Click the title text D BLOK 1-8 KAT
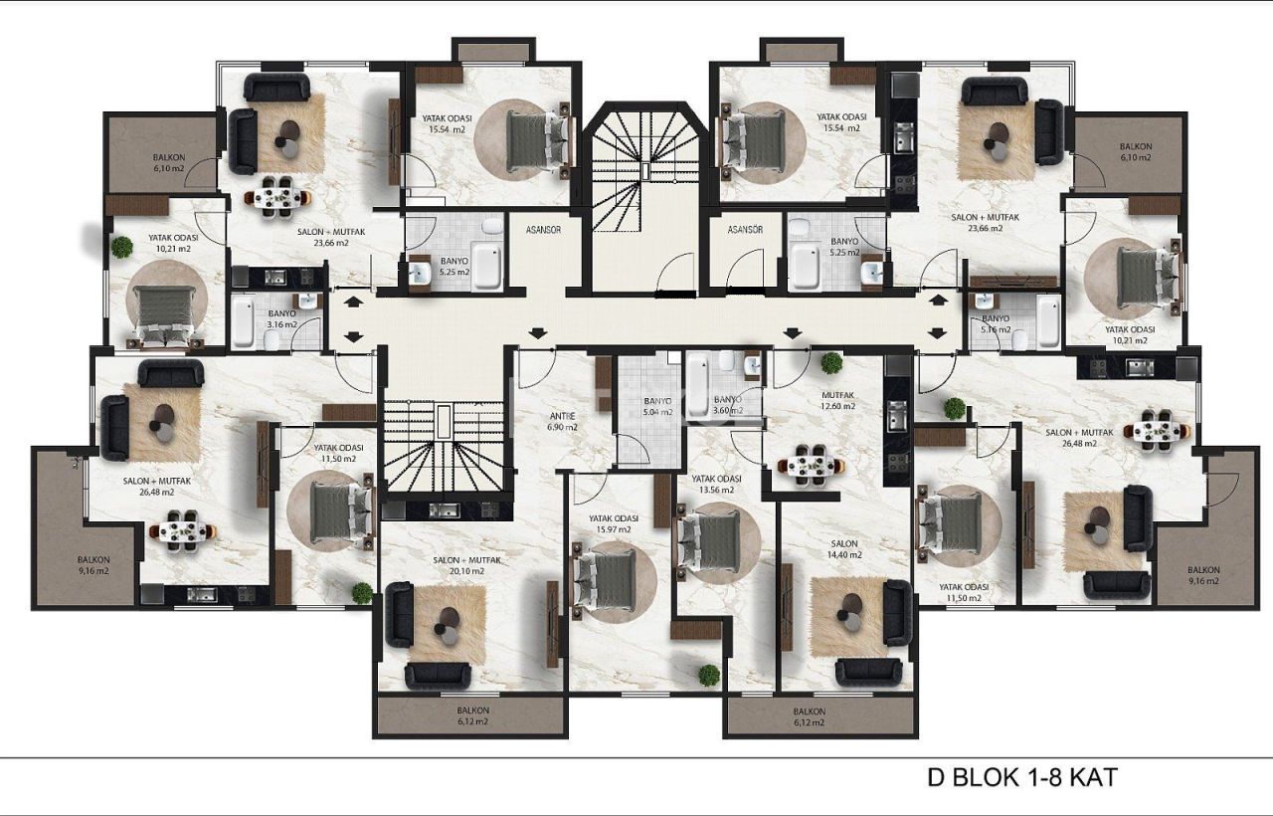[1021, 777]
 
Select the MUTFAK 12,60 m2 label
[836, 400]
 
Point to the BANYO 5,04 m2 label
[658, 407]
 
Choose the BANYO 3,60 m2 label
[728, 407]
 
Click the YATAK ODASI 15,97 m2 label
[613, 524]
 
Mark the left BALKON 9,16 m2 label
[93, 565]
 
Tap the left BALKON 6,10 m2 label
[169, 163]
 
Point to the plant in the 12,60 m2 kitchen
[832, 363]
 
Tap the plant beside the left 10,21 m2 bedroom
[122, 247]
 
